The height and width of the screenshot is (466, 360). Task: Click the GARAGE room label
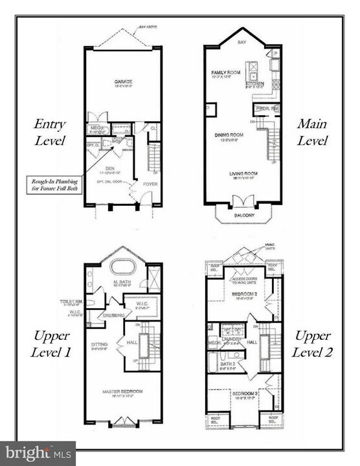(x=123, y=82)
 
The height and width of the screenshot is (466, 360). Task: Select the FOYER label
(x=150, y=184)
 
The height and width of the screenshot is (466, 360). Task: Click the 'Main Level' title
(x=313, y=132)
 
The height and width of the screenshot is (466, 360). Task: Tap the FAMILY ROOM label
(x=226, y=72)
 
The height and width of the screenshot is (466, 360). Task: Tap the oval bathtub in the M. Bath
(x=123, y=267)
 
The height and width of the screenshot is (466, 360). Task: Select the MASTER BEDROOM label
(x=122, y=391)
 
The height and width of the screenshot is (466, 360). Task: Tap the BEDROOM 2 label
(x=244, y=294)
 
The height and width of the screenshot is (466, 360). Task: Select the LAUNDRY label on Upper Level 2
(x=231, y=337)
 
